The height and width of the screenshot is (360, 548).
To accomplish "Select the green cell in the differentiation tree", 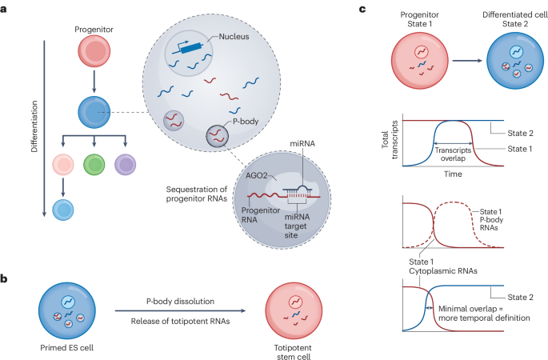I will (94, 166).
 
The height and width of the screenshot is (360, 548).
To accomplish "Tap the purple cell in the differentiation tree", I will (127, 166).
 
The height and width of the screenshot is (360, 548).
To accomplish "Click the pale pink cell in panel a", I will (61, 166).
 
